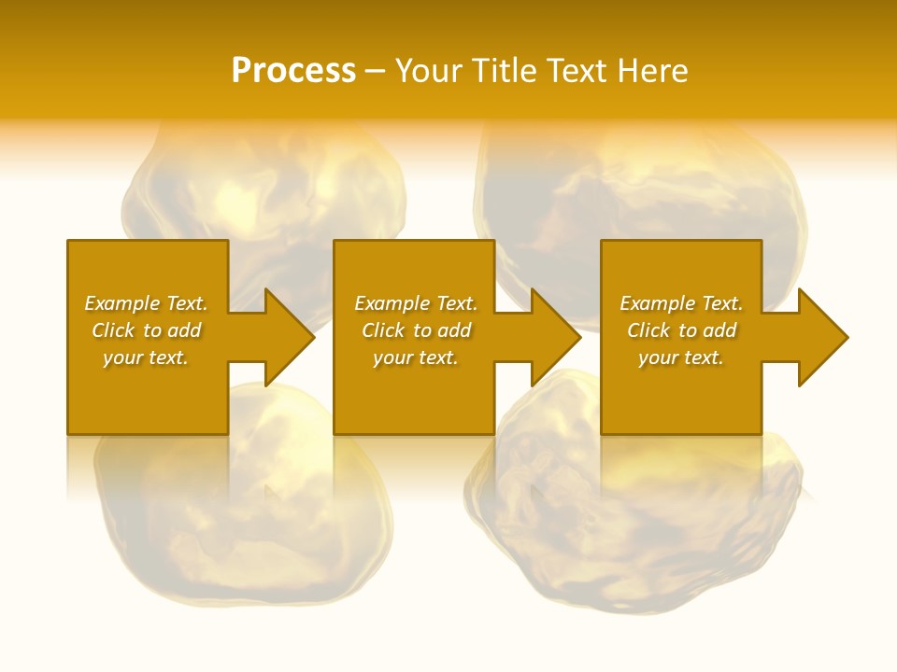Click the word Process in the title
[x=293, y=71]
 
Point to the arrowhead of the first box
[x=285, y=337]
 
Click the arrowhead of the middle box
[x=552, y=337]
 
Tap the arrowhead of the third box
[x=819, y=337]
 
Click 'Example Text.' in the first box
[x=146, y=303]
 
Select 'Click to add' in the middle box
[x=416, y=330]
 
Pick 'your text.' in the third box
[x=681, y=357]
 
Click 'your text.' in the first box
[x=146, y=357]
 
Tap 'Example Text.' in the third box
[x=681, y=303]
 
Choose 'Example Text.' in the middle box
[x=416, y=303]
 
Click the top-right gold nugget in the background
[x=645, y=187]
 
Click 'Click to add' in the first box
[x=146, y=330]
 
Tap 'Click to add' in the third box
[x=681, y=330]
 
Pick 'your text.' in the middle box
[x=416, y=357]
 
